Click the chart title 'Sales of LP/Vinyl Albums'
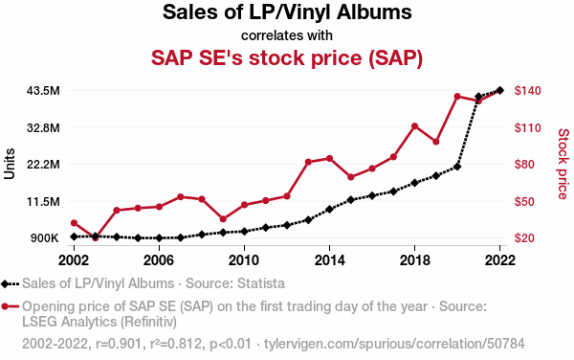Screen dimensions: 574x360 pos(287,12)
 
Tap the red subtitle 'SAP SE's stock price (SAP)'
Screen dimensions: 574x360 pos(287,57)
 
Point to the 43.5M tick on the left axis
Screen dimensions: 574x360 pos(43,90)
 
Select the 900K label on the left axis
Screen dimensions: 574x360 pos(45,238)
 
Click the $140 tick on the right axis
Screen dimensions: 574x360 pos(527,90)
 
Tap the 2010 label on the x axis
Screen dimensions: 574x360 pos(244,260)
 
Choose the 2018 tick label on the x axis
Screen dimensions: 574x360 pos(415,260)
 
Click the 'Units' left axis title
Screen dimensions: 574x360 pos(10,164)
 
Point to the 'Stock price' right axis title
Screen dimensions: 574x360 pos(563,164)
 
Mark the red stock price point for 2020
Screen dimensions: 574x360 pos(457,97)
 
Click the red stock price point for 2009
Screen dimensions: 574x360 pos(223,219)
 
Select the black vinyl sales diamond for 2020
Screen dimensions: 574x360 pos(457,167)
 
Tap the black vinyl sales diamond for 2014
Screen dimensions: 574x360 pos(329,209)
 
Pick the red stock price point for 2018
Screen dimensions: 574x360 pos(415,126)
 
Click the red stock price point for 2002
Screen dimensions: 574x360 pos(74,223)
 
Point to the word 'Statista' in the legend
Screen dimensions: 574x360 pos(261,283)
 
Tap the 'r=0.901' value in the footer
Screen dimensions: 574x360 pos(119,344)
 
